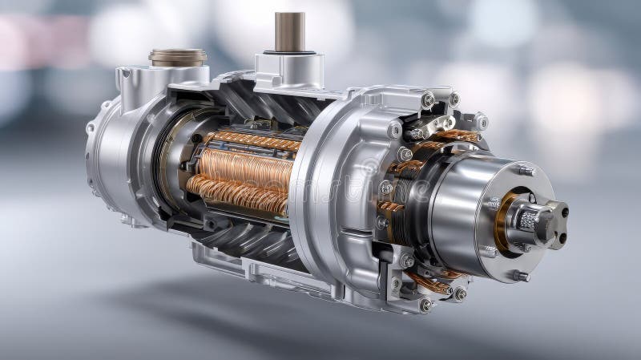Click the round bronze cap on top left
point(177,57)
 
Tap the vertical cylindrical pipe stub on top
point(289,32)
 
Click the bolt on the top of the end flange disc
point(526,170)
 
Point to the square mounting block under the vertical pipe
point(288,71)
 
